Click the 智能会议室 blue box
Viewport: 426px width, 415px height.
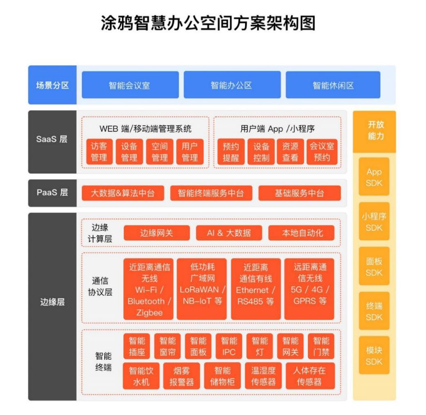[130, 85]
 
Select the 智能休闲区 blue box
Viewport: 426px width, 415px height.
[333, 85]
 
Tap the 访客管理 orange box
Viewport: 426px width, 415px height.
[99, 152]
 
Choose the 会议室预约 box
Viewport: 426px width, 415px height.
[322, 152]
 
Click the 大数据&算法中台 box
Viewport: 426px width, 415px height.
[123, 193]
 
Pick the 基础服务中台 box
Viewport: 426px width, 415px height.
[299, 193]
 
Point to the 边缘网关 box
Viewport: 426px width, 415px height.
[157, 233]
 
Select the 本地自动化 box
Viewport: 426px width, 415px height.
[302, 233]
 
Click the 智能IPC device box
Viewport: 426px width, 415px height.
[229, 346]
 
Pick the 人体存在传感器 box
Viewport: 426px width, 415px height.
[310, 376]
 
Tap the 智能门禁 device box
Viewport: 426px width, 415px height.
[321, 346]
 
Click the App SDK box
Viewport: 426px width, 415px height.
[374, 177]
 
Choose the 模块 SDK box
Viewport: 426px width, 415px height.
[374, 355]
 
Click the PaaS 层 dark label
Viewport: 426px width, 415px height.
[52, 193]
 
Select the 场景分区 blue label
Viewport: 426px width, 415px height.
[52, 85]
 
